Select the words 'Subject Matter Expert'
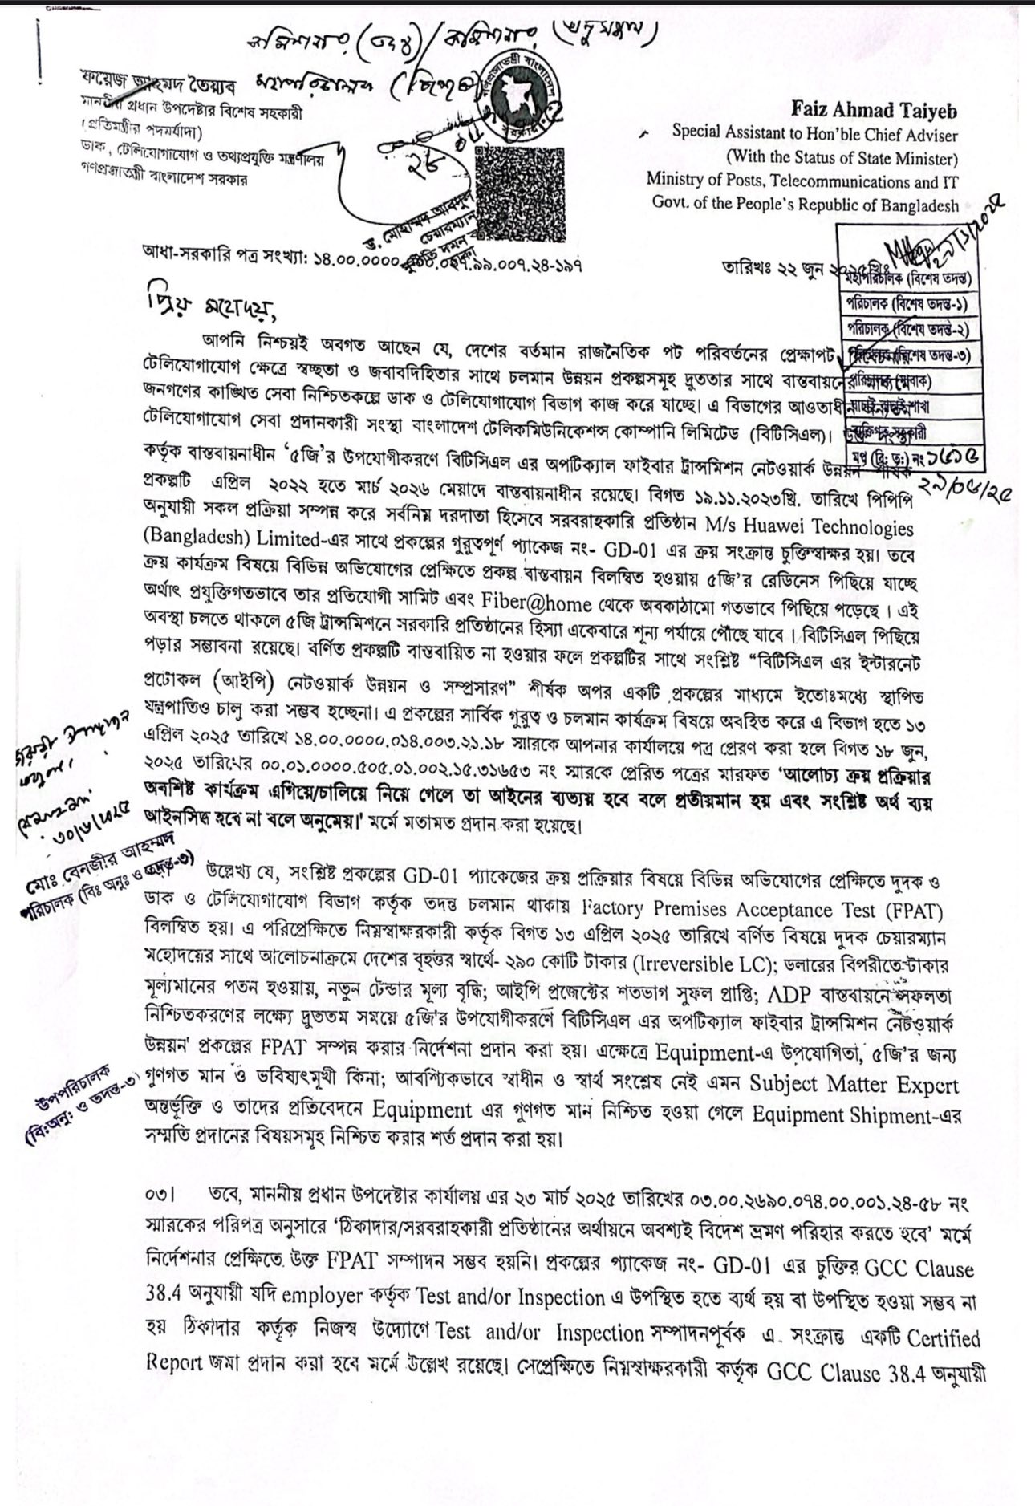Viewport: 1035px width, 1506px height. pyautogui.click(x=854, y=1085)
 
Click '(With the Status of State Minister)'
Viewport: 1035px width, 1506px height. pyautogui.click(x=842, y=158)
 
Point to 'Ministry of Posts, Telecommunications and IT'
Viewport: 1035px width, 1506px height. pyautogui.click(x=802, y=181)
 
